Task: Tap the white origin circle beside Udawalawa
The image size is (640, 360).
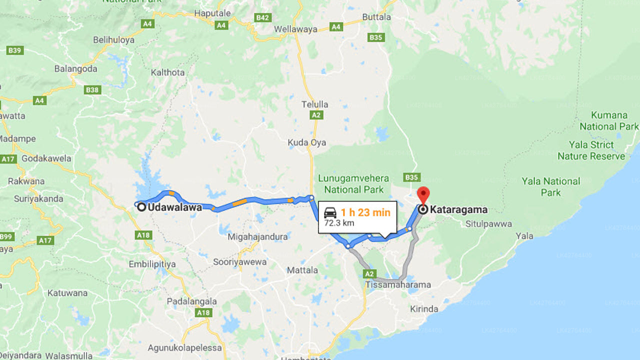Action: coord(141,206)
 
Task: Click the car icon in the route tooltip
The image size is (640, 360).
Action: coord(330,212)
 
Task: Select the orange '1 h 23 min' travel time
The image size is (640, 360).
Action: coord(365,212)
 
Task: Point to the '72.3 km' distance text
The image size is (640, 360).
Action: coord(339,223)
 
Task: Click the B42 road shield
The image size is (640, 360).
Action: coord(262,18)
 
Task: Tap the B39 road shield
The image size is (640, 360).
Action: coord(14,50)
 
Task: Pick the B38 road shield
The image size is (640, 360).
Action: coord(92,90)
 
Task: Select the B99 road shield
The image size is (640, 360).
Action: coord(6,236)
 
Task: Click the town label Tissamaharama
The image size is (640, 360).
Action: coord(398,285)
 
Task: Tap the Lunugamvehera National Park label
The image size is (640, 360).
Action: coord(353,183)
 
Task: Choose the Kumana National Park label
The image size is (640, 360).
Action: coord(609,120)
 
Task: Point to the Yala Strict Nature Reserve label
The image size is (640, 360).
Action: coord(591,150)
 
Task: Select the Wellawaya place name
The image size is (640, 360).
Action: coord(295,29)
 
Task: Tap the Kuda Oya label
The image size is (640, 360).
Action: coord(306,142)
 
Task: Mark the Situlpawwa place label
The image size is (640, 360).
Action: coord(488,224)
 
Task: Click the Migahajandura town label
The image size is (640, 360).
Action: coord(257,236)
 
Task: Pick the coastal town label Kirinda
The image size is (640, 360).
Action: coord(424,309)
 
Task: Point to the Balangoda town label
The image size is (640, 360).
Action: coord(76,68)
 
